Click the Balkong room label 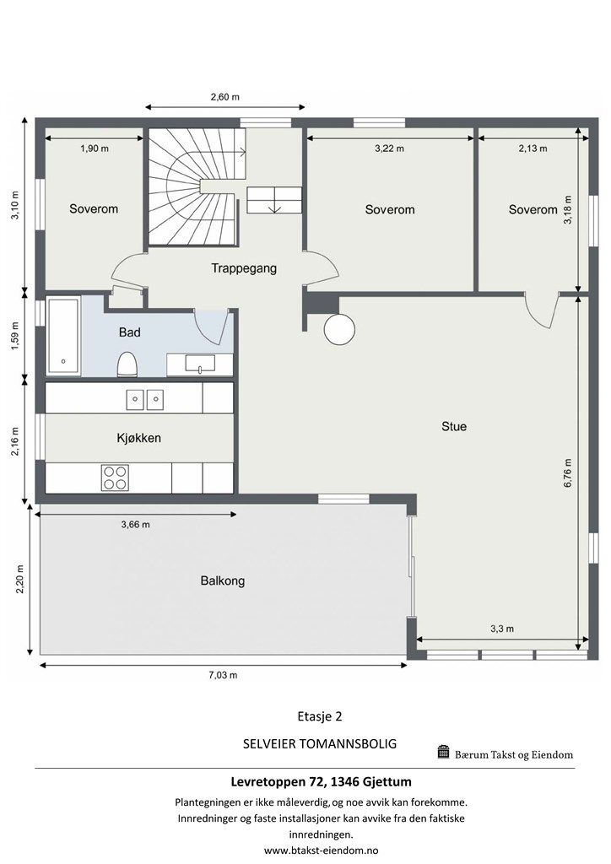(223, 580)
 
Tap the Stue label (454, 426)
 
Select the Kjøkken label (138, 438)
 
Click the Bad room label (129, 332)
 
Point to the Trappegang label (244, 268)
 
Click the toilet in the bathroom (128, 364)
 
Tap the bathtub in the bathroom (63, 335)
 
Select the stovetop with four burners (115, 478)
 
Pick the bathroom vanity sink (199, 364)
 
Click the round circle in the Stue (341, 328)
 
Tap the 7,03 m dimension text (224, 675)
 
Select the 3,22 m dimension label (389, 148)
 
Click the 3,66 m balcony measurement (135, 524)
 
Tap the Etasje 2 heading (320, 716)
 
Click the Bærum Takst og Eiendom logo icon (443, 752)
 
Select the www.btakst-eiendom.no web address (321, 850)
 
